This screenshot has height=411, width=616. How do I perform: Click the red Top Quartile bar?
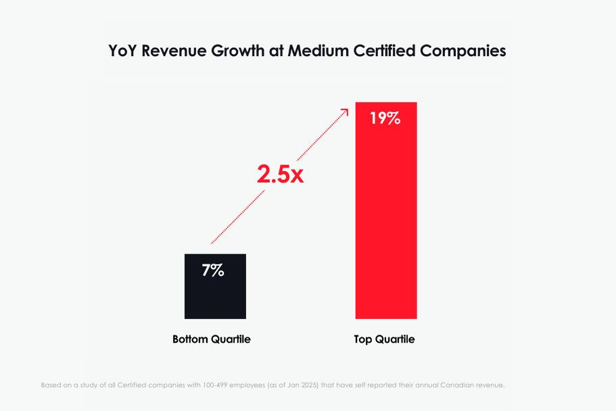click(x=385, y=223)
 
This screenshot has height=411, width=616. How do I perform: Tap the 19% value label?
click(x=385, y=119)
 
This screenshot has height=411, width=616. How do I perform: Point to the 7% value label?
click(x=213, y=270)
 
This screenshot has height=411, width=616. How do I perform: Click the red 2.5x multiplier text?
click(x=280, y=174)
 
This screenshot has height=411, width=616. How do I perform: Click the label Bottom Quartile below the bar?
click(x=212, y=339)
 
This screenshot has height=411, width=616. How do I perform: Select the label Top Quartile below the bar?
click(x=384, y=339)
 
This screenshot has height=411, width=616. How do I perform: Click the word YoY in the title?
click(x=124, y=51)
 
